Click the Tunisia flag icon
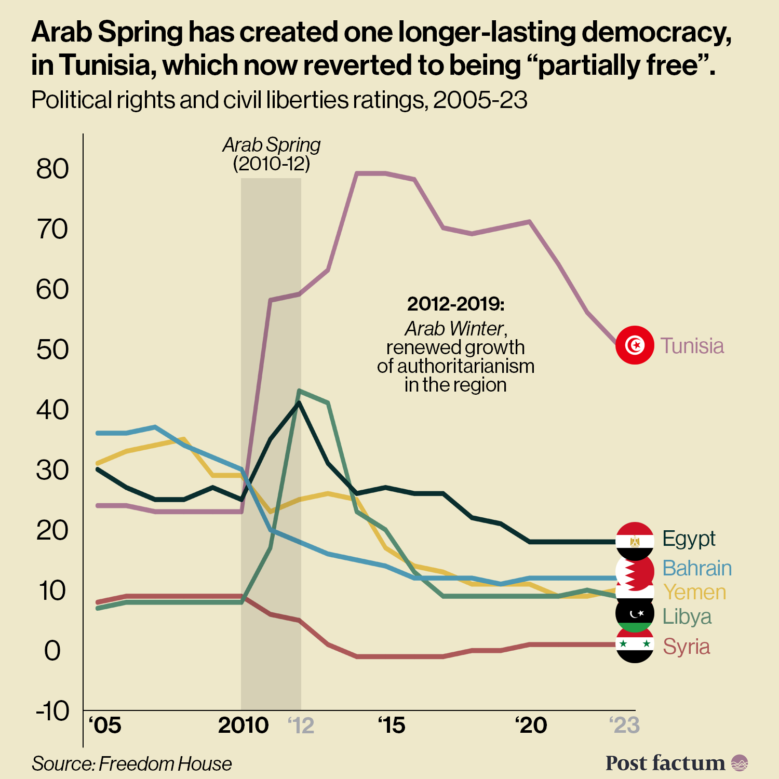635,345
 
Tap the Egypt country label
689,539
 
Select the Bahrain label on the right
697,568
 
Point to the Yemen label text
694,592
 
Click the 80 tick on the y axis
52,169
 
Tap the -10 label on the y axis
52,710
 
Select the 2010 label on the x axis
243,726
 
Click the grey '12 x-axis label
301,726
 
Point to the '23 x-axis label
624,726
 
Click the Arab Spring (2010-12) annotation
272,154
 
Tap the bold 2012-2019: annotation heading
455,304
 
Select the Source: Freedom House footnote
131,764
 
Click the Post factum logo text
665,763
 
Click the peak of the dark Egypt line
299,402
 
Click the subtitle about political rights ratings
279,100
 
